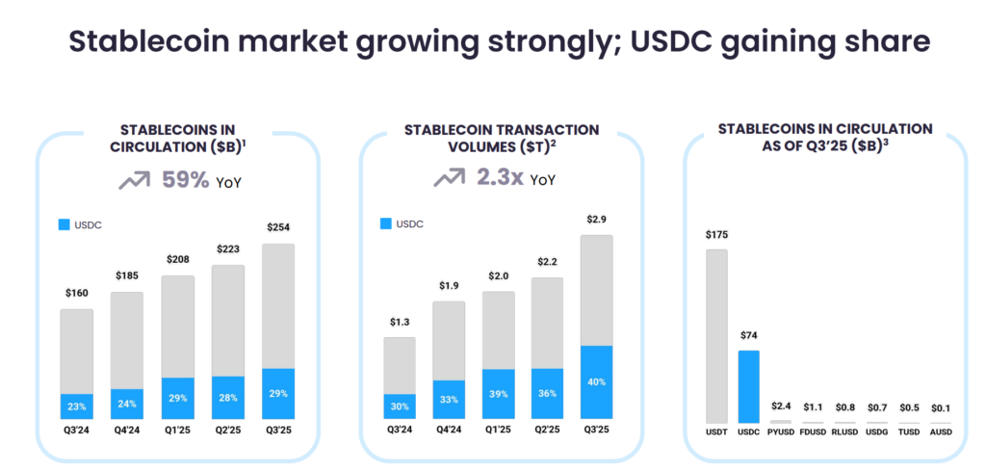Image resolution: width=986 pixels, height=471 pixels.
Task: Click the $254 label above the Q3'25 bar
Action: pos(277,227)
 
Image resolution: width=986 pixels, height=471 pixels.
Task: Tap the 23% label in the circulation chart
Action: pos(77,406)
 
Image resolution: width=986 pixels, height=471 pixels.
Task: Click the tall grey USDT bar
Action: pos(716,336)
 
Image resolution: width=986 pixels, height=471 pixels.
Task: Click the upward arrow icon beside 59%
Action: pos(136,179)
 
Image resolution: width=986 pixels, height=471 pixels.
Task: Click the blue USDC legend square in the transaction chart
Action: pos(386,224)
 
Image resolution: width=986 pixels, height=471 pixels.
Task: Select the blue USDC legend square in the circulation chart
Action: pos(64,224)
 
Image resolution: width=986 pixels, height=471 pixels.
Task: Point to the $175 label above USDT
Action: pos(716,235)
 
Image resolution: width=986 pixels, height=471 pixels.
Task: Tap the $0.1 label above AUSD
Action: pos(941,407)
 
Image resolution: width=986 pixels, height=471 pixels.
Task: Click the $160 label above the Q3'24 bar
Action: pos(77,293)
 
